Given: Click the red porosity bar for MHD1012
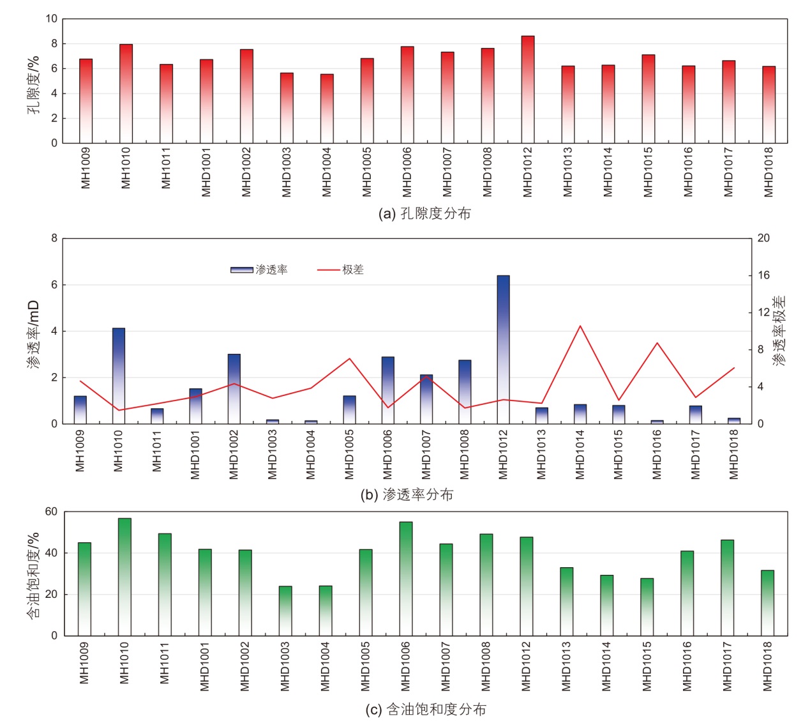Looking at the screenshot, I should (527, 89).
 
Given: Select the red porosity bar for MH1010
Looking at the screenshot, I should (126, 93).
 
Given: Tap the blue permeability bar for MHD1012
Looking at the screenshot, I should (503, 349).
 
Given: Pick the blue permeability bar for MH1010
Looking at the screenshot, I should (119, 376).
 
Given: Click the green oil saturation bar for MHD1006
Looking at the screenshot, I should (405, 579).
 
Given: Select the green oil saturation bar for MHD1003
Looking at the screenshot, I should (285, 611).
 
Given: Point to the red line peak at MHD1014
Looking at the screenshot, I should (580, 326).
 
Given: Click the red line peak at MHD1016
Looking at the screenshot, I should (657, 343).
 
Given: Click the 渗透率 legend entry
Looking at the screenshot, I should (260, 270).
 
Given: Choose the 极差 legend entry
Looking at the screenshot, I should (341, 270).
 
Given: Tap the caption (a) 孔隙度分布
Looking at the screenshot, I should (424, 213).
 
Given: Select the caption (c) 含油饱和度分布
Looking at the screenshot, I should (426, 709).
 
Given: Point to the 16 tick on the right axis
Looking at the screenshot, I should (763, 275).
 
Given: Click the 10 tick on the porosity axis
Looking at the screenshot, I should (51, 19).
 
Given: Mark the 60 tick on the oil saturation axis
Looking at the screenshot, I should (51, 512).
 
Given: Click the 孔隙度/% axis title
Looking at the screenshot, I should (33, 85).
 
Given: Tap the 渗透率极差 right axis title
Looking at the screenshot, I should (779, 330).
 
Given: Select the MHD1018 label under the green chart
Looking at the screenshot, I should (767, 666).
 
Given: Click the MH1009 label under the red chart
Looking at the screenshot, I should (86, 168).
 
